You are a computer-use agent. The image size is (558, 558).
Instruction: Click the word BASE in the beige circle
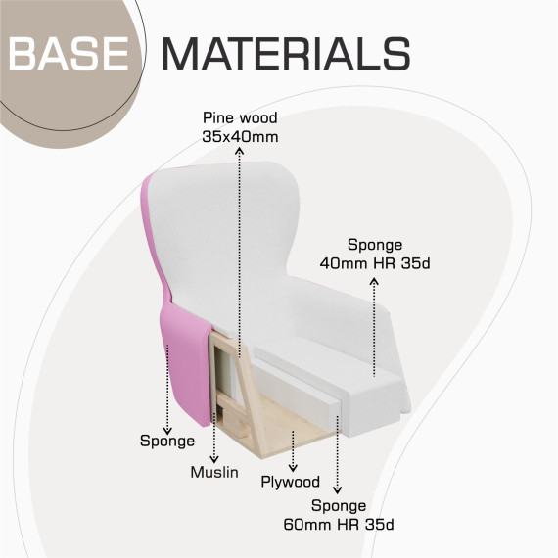coord(69,54)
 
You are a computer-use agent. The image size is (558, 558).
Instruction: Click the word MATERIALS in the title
coord(287,54)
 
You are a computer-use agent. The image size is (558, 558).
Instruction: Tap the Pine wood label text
coord(240,117)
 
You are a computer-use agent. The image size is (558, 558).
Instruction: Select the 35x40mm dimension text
coord(240,137)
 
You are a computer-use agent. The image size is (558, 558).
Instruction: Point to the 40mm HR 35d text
coord(375,263)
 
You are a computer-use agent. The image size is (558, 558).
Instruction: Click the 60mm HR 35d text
coord(339,525)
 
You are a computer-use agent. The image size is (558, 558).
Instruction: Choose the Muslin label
coord(214,472)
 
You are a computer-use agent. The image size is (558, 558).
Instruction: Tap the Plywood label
coord(291,482)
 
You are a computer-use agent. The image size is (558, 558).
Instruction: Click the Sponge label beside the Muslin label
coord(167,442)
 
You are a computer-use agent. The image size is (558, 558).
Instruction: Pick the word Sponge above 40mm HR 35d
coord(375,245)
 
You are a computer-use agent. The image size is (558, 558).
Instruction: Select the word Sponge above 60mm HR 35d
coord(339,506)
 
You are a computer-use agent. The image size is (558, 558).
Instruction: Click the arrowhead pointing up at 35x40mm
coord(240,151)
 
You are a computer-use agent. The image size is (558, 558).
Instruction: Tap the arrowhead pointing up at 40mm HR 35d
coord(374,281)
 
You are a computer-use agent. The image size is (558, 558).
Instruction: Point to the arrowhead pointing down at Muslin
coord(213,459)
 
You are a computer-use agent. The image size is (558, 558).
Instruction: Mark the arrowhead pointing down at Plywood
coord(293,468)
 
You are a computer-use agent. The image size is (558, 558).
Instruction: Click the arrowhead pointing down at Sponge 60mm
coord(337,489)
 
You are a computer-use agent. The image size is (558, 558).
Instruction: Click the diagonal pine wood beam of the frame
coord(251,395)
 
